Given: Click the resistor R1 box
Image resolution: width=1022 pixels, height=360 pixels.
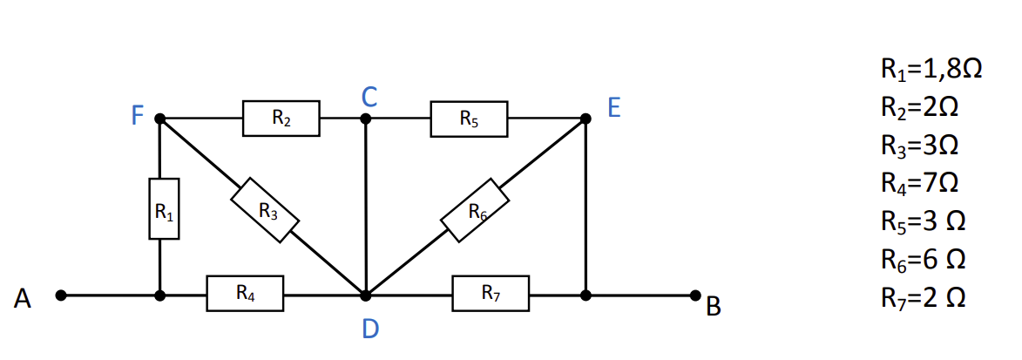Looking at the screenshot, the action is point(165,208).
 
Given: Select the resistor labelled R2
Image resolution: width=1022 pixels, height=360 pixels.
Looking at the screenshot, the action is point(281,118).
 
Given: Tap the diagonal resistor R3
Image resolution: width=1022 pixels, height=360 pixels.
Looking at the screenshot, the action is point(265,210).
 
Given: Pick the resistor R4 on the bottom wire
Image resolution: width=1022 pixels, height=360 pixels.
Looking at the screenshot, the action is point(245,294).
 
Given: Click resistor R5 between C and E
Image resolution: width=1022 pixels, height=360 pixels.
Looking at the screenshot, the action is point(469,119).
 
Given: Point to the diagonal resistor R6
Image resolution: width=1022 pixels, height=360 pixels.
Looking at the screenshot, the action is point(474,210).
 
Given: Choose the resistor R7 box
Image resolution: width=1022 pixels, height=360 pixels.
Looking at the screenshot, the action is point(491,294).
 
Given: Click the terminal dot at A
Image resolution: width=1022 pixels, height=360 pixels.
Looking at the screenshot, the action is point(61,295).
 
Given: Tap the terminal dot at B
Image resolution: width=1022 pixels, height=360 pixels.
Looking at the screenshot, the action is point(695,295).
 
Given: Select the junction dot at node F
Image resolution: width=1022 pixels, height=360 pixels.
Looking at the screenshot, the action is point(159,119).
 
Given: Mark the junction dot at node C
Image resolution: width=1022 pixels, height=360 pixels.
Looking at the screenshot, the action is point(366,119).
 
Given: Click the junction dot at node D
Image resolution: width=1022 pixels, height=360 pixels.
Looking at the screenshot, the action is point(366,295).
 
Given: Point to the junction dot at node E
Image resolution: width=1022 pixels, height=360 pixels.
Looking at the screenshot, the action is point(586,119).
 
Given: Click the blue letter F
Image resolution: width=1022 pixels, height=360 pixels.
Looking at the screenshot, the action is point(137,116).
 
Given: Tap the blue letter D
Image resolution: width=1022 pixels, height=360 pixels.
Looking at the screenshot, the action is point(370,329).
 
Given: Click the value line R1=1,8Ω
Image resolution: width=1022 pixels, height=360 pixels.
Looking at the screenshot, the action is point(931,69).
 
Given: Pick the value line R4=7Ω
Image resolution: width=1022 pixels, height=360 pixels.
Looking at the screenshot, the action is point(920,183).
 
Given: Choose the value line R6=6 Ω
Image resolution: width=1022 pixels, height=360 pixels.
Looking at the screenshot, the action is point(923,260).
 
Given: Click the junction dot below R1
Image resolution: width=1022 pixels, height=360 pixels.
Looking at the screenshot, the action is point(159,295).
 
